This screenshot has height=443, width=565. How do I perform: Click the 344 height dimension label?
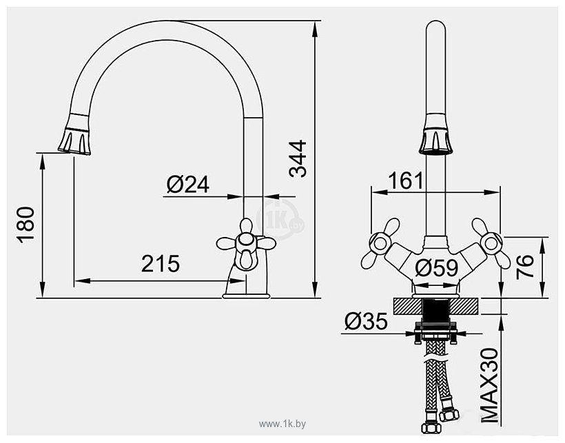(x=297, y=158)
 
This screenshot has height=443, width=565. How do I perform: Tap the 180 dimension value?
(x=25, y=225)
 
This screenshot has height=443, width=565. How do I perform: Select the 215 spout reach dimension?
(x=160, y=264)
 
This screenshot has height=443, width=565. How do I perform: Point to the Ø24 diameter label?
(x=187, y=184)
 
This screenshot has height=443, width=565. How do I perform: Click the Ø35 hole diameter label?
(x=367, y=322)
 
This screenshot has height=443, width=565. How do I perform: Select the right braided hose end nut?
(x=452, y=415)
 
